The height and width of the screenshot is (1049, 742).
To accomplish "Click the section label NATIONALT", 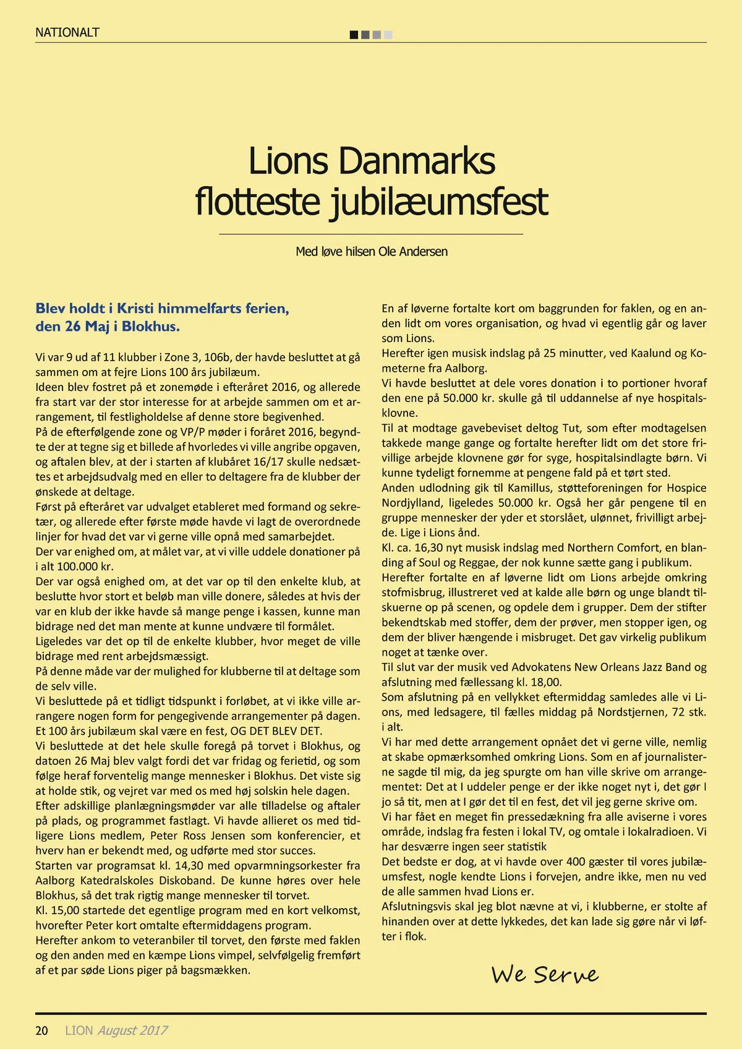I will coord(67,33).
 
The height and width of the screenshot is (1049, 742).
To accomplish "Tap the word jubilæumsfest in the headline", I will coord(438,202).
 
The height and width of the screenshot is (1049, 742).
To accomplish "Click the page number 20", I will coord(42,1030).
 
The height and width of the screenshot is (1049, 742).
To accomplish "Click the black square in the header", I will coord(354,35).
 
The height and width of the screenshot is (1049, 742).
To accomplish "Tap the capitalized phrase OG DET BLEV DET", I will coord(276,731).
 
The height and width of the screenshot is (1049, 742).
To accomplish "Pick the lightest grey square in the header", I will coord(388,35).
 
